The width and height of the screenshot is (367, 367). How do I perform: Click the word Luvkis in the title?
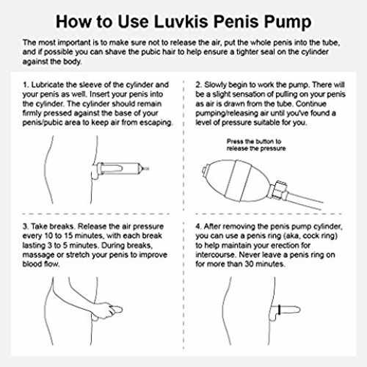[x=181, y=21]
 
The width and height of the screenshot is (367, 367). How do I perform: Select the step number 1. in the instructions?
[x=26, y=85]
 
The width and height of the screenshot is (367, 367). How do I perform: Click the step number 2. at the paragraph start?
[x=199, y=85]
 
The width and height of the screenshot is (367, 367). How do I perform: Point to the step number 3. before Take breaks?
[x=26, y=226]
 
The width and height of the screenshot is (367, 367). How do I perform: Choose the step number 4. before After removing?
[x=198, y=226]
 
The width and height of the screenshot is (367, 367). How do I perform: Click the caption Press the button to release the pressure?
[x=256, y=145]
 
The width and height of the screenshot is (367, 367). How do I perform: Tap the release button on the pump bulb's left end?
[x=206, y=170]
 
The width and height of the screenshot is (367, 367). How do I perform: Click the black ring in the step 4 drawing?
[x=280, y=310]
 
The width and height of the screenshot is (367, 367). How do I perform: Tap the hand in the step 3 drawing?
[x=105, y=310]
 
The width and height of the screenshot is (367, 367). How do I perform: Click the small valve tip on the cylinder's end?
[x=146, y=168]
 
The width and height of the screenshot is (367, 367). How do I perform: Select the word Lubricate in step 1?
[x=48, y=85]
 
